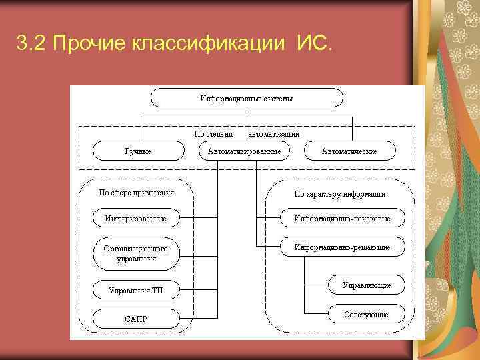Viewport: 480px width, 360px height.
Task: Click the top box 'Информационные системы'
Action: click(247, 98)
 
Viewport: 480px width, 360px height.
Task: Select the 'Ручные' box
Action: click(138, 151)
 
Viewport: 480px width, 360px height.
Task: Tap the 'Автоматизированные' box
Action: click(244, 151)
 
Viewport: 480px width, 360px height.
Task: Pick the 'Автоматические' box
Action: click(349, 151)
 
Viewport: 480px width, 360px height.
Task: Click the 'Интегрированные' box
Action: click(136, 218)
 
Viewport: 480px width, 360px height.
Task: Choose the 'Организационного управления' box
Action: click(136, 253)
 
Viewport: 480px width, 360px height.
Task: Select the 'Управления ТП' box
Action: click(136, 290)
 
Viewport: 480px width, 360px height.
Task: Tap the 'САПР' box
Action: click(136, 319)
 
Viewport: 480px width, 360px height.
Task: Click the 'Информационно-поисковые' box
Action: click(343, 218)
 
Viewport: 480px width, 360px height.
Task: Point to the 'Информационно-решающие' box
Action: click(343, 247)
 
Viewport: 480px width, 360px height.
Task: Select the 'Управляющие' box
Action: click(367, 285)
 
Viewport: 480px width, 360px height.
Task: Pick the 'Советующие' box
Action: click(367, 314)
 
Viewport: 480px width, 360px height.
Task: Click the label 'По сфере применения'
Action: click(137, 193)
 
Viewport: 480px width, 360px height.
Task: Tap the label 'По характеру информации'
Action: click(340, 194)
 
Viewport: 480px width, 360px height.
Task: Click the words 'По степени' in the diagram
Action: click(213, 133)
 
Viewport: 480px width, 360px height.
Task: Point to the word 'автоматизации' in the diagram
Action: click(273, 133)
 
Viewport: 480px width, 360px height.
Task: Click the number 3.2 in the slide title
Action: click(31, 45)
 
